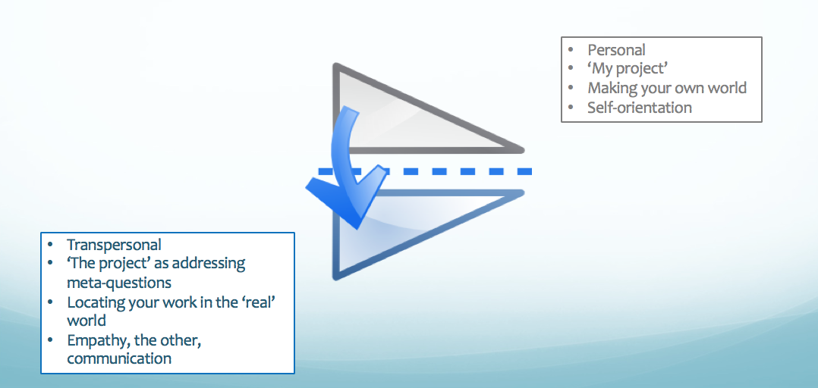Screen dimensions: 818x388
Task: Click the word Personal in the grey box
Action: click(x=616, y=50)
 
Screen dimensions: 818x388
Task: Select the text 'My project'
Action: click(x=628, y=69)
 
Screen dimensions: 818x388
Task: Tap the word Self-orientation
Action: click(x=640, y=108)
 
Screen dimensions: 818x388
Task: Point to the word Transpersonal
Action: click(x=115, y=245)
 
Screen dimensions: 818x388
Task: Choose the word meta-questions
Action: click(x=119, y=283)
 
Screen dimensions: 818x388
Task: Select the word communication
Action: click(x=119, y=359)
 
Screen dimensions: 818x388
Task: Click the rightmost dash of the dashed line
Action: click(x=525, y=171)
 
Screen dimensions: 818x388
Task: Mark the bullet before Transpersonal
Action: click(x=50, y=245)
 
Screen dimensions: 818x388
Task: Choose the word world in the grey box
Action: click(x=727, y=88)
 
